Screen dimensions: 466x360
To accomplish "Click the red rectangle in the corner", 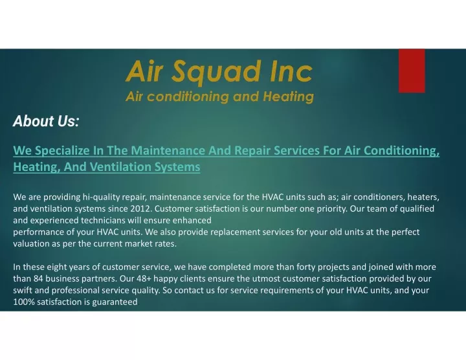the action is [412, 71].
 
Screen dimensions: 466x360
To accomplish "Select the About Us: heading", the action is [46, 121].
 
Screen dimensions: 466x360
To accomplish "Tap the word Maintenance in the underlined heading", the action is [168, 150].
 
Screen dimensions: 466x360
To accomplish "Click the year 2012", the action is [141, 208].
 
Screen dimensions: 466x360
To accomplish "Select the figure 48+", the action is [144, 278].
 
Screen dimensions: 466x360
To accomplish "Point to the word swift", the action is [23, 290].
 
